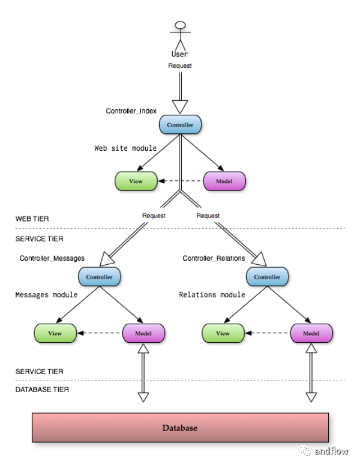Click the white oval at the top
pyautogui.click(x=180, y=25)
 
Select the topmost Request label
pyautogui.click(x=180, y=65)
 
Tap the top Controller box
pyautogui.click(x=180, y=125)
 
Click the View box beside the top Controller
pyautogui.click(x=136, y=181)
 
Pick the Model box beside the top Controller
pyautogui.click(x=224, y=181)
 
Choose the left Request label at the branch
pyautogui.click(x=154, y=215)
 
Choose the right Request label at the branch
pyautogui.click(x=208, y=215)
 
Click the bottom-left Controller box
pyautogui.click(x=100, y=277)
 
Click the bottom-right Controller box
pyautogui.click(x=267, y=277)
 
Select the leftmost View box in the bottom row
pyautogui.click(x=55, y=333)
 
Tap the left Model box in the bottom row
pyautogui.click(x=143, y=333)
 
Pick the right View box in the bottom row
pyautogui.click(x=223, y=333)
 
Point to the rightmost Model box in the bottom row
pyautogui.click(x=311, y=333)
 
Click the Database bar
pyautogui.click(x=180, y=428)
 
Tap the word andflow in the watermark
pyautogui.click(x=331, y=451)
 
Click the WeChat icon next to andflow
pyautogui.click(x=305, y=450)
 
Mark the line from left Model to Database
pyautogui.click(x=143, y=372)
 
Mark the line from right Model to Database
pyautogui.click(x=311, y=372)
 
